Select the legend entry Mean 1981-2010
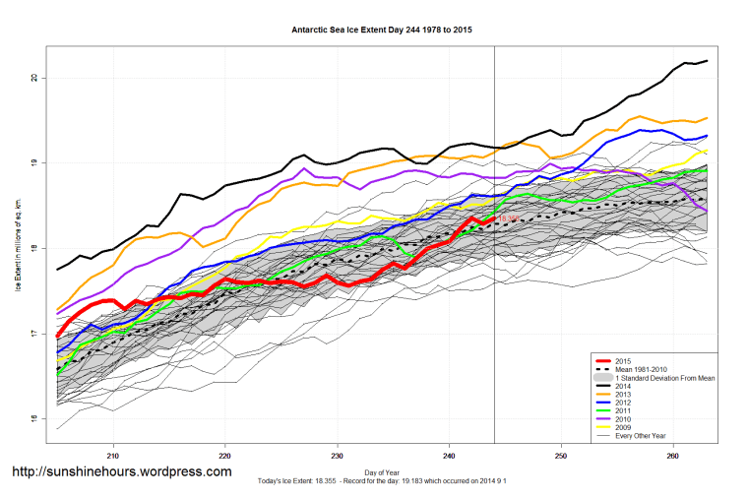pos(637,370)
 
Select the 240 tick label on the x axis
pos(450,456)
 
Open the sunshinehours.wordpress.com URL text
pos(121,471)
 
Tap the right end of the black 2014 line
pos(708,61)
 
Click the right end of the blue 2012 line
pos(708,136)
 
